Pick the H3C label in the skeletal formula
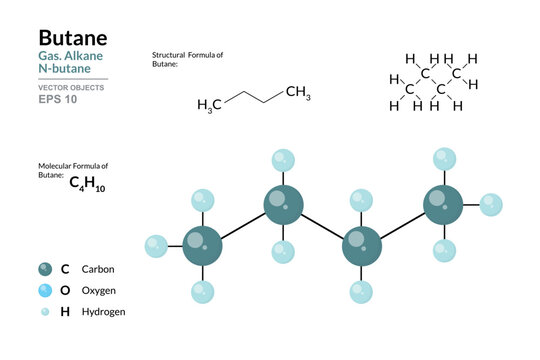(x=210, y=104)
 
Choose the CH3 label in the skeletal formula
(x=298, y=94)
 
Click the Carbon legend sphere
(x=44, y=268)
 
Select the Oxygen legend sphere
(x=44, y=290)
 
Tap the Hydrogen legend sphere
(x=44, y=311)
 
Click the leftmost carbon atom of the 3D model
(x=203, y=245)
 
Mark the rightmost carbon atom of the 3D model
(x=441, y=205)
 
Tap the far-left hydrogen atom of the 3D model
(x=156, y=245)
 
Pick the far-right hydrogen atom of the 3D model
(x=490, y=205)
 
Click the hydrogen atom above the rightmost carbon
(x=444, y=158)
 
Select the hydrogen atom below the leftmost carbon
(x=203, y=292)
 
